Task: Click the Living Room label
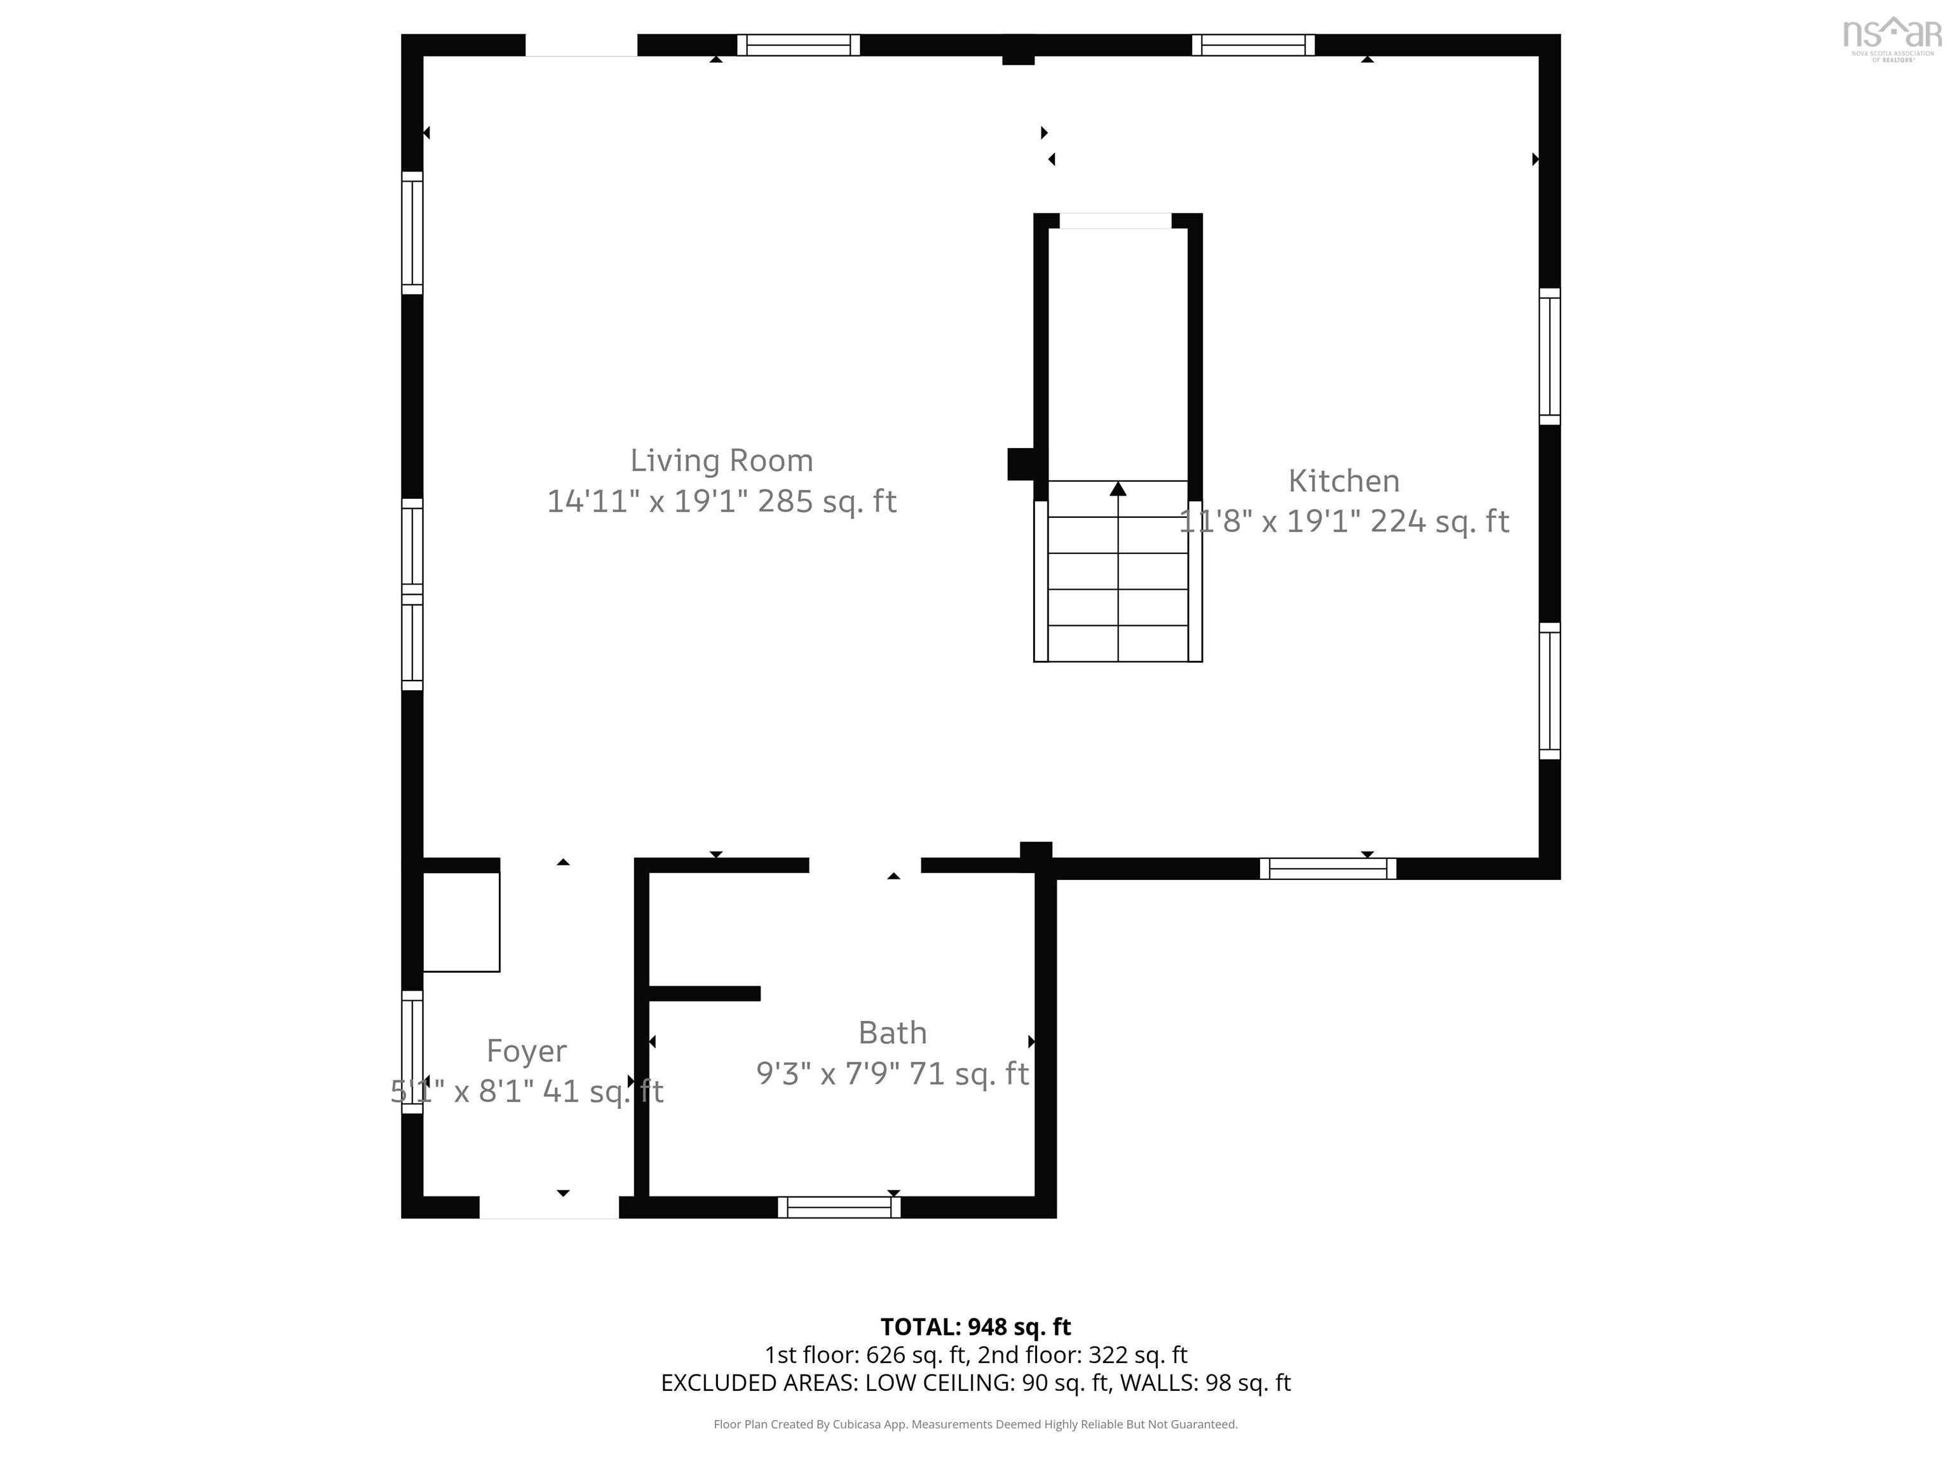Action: click(x=721, y=461)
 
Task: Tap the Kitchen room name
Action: click(x=1343, y=481)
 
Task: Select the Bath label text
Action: click(x=892, y=1033)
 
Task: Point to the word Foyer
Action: click(x=527, y=1051)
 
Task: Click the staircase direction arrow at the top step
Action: click(x=1118, y=488)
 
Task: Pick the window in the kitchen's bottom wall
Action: click(x=1327, y=869)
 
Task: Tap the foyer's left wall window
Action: click(x=412, y=1052)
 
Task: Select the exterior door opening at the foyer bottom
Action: click(x=549, y=1207)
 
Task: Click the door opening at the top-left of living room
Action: click(x=581, y=45)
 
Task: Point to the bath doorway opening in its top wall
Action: click(x=865, y=865)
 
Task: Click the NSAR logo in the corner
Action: click(x=1892, y=39)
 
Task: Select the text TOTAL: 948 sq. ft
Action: click(x=975, y=1326)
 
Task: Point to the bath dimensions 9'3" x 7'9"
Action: click(x=828, y=1073)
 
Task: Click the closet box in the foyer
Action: click(x=461, y=922)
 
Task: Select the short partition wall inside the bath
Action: click(x=704, y=994)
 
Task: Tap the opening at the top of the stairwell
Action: click(x=1115, y=220)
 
